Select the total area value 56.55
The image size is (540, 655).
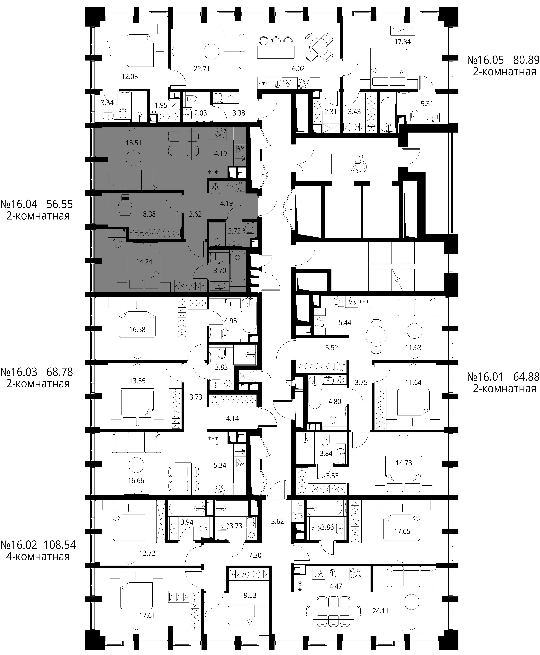(x=59, y=204)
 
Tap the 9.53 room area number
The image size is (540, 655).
(x=250, y=595)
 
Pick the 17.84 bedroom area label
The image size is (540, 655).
(x=402, y=42)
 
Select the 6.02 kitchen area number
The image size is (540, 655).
(x=298, y=69)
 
